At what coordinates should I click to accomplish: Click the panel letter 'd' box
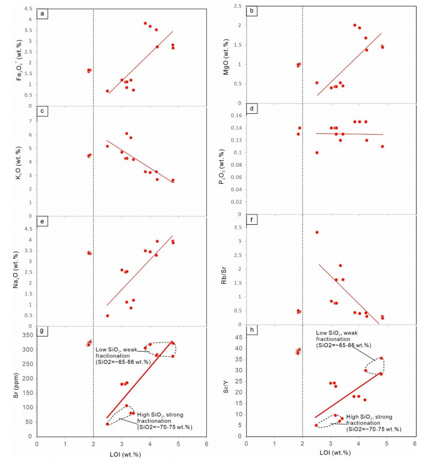click(x=252, y=108)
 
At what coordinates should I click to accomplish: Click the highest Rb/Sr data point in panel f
click(x=317, y=232)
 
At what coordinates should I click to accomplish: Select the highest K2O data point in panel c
click(x=127, y=133)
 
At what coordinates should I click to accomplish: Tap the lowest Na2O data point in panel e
click(x=107, y=316)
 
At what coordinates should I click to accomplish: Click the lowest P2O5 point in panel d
click(x=317, y=152)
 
